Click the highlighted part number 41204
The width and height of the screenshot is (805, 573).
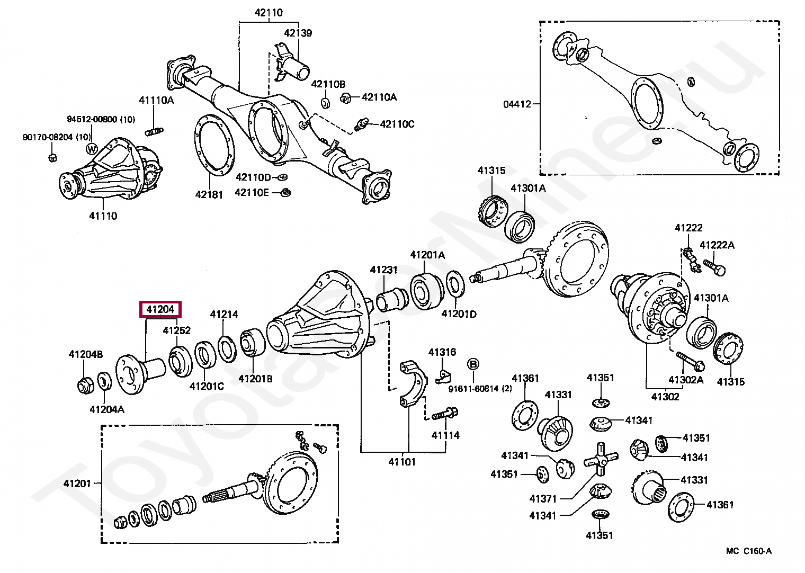pyautogui.click(x=160, y=309)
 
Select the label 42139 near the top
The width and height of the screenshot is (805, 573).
pyautogui.click(x=298, y=33)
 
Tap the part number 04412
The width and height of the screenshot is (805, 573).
pyautogui.click(x=517, y=104)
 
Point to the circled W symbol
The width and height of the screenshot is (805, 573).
pyautogui.click(x=92, y=149)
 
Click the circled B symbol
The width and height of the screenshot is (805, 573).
pyautogui.click(x=473, y=364)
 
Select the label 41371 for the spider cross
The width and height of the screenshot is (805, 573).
pyautogui.click(x=543, y=498)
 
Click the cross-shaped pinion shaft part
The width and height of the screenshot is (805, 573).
pyautogui.click(x=601, y=459)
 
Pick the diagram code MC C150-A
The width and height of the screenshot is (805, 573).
pyautogui.click(x=748, y=551)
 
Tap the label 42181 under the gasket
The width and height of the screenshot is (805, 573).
pyautogui.click(x=209, y=194)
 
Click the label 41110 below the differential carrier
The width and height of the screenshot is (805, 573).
pyautogui.click(x=103, y=216)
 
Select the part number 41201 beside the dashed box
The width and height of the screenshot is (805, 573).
pyautogui.click(x=77, y=483)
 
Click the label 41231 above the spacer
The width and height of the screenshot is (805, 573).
pyautogui.click(x=383, y=270)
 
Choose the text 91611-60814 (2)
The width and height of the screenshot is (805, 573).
pyautogui.click(x=480, y=389)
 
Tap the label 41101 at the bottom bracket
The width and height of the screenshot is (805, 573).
pyautogui.click(x=402, y=461)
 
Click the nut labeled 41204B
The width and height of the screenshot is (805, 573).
pyautogui.click(x=85, y=386)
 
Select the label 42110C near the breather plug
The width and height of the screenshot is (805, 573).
pyautogui.click(x=397, y=124)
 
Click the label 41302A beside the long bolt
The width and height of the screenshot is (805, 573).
pyautogui.click(x=686, y=379)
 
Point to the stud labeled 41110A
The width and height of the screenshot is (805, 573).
pyautogui.click(x=154, y=131)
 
